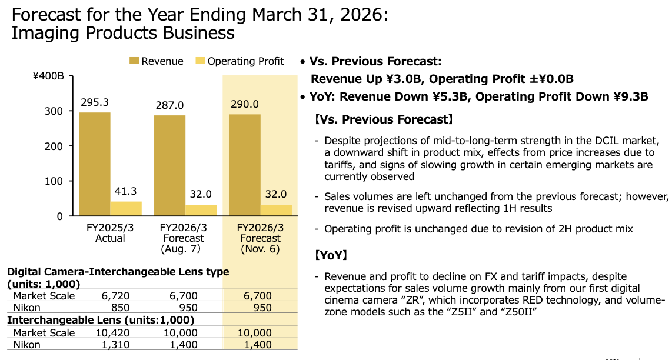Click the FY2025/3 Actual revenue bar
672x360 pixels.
coord(94,164)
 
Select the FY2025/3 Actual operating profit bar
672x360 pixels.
coord(125,209)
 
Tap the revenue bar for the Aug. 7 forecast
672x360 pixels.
coord(169,165)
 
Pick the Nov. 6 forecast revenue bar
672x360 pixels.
coord(245,165)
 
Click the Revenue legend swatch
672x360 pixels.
coord(134,61)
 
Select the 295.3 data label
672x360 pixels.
coord(95,102)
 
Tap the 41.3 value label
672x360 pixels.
coord(125,191)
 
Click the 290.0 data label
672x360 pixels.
coord(245,104)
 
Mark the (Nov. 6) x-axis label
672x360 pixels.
coord(260,249)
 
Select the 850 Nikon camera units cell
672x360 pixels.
coord(121,307)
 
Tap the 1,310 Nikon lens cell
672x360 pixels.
coord(116,345)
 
